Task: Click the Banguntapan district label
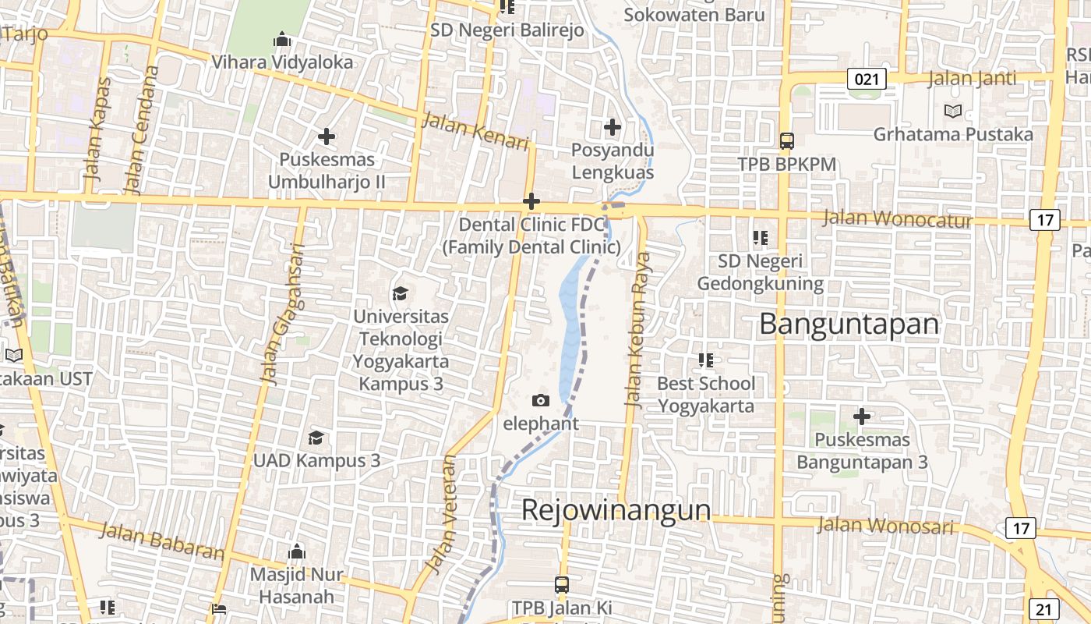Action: click(849, 324)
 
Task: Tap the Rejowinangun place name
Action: click(616, 510)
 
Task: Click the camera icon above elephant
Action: click(540, 401)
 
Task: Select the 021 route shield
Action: click(867, 78)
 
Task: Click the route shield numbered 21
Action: click(1043, 609)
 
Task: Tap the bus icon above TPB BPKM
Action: click(787, 141)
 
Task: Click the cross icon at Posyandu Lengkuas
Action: click(613, 126)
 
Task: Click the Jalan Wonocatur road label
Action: click(897, 219)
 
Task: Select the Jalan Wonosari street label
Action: click(884, 526)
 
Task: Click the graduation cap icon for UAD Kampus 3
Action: click(316, 438)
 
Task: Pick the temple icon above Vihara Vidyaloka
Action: click(282, 39)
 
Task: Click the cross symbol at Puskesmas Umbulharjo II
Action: click(327, 137)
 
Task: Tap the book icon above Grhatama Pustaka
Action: click(952, 112)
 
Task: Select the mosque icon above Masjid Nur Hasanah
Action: click(296, 552)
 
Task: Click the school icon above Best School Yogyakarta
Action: click(705, 360)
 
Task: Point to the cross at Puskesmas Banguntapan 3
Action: click(861, 417)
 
